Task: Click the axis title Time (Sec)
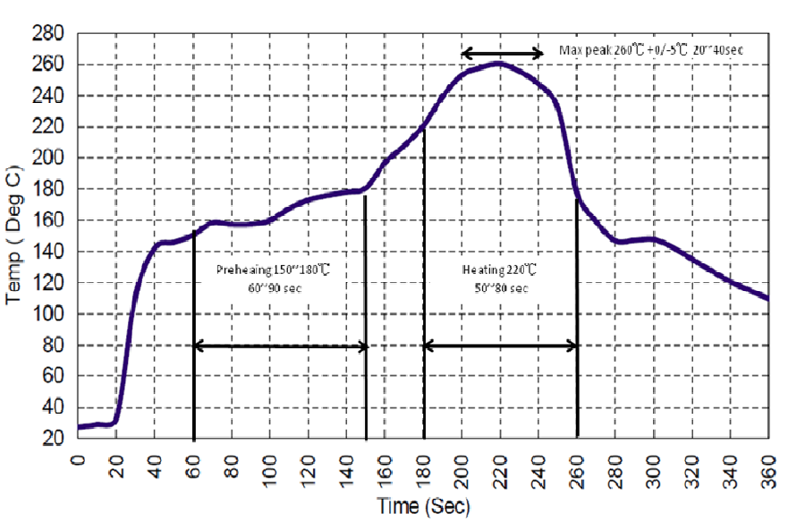[423, 507]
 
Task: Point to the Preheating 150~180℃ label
[277, 270]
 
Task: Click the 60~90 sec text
[277, 287]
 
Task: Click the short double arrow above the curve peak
[502, 54]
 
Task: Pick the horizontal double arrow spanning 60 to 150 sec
[280, 346]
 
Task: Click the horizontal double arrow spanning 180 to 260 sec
[500, 346]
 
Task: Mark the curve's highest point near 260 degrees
[498, 64]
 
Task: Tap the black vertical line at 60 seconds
[194, 358]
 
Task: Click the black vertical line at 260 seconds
[577, 358]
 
